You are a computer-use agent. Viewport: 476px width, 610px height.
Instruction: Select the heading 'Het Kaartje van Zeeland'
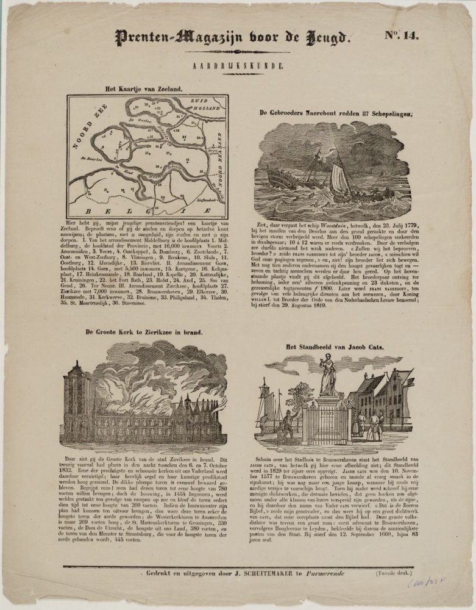(144, 89)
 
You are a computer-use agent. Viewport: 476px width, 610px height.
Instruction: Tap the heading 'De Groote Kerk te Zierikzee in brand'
(144, 333)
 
